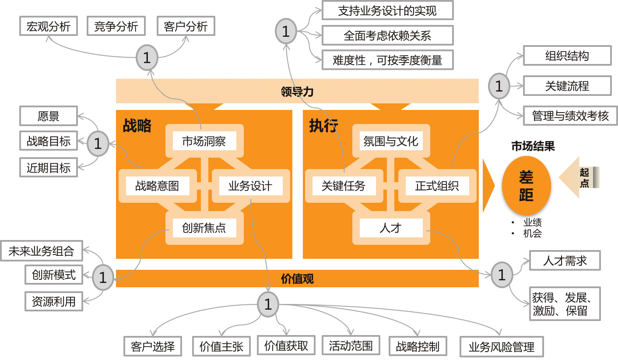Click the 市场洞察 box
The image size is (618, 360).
tap(204, 141)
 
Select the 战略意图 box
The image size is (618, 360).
tap(157, 186)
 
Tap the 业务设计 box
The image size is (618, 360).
tap(250, 186)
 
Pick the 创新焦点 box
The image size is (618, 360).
tap(204, 228)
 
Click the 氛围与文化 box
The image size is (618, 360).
tap(391, 141)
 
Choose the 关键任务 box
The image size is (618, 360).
tap(344, 186)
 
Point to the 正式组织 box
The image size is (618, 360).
tap(437, 186)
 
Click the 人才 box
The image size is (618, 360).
tap(391, 228)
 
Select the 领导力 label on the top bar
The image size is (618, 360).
tap(297, 92)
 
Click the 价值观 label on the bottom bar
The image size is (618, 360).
tap(297, 279)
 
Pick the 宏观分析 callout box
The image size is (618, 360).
tap(49, 26)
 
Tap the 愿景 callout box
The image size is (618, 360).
tap(49, 116)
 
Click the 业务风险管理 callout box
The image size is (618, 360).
tap(502, 347)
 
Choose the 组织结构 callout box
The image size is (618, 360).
tap(567, 56)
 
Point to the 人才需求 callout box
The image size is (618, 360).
tap(565, 261)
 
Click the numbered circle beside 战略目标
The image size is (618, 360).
tap(98, 143)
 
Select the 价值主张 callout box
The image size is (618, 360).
tap(221, 346)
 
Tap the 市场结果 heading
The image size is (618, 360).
tap(533, 147)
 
